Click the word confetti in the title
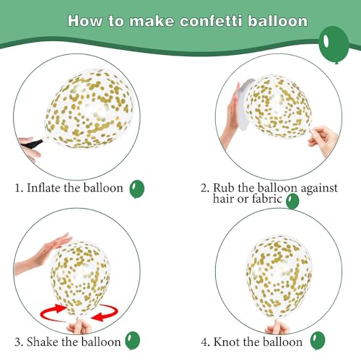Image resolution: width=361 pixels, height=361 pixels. (x=211, y=21)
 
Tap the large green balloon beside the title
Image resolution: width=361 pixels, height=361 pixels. (x=334, y=44)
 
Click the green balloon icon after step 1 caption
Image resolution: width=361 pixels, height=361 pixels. (x=136, y=189)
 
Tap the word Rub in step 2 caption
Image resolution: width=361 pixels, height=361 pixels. (x=224, y=188)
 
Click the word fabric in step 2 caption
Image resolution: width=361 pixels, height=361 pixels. (x=267, y=199)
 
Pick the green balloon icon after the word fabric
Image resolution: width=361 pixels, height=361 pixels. (x=292, y=201)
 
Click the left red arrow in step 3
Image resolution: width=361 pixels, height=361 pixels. (x=54, y=312)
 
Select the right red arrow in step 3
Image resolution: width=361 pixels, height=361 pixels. (x=105, y=313)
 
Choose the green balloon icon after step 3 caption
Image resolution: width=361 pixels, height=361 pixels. (x=132, y=340)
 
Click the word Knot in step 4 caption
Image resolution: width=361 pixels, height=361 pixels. (x=227, y=342)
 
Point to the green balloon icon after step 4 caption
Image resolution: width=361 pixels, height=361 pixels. (x=318, y=340)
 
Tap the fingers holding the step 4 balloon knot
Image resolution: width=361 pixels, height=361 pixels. (x=277, y=327)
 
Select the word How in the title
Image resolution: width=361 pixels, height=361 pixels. (x=85, y=21)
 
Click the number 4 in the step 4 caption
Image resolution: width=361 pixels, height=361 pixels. (x=204, y=342)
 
